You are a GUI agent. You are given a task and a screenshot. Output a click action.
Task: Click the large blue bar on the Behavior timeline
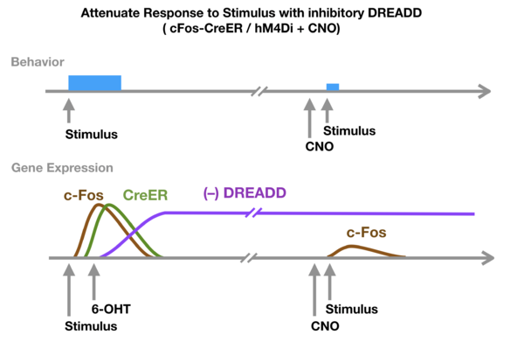(x=94, y=82)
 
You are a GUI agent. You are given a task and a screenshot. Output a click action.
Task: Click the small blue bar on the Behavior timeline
(x=333, y=87)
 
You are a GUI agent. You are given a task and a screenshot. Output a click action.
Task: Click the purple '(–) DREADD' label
(x=242, y=192)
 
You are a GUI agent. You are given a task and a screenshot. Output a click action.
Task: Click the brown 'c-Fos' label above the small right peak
(x=367, y=233)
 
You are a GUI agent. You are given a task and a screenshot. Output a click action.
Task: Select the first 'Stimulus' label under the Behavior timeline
(x=92, y=135)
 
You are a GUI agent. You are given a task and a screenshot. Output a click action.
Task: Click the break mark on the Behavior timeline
(x=259, y=91)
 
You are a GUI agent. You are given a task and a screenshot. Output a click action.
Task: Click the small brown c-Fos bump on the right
(x=354, y=249)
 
